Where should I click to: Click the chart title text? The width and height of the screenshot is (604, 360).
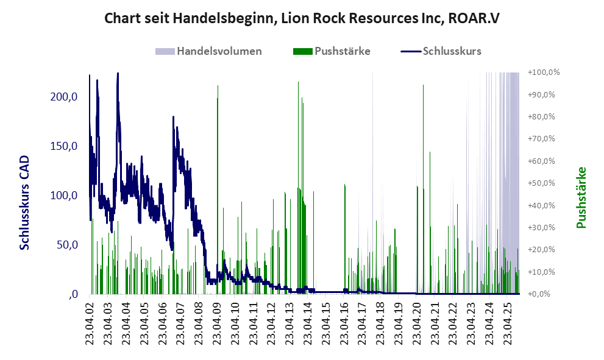click(302, 18)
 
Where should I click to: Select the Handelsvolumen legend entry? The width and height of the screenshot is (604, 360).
click(219, 51)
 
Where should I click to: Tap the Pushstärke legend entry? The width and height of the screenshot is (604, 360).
click(342, 51)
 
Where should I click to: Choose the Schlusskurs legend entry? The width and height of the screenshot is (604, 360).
click(452, 51)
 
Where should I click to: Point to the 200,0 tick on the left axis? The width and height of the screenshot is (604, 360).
click(64, 97)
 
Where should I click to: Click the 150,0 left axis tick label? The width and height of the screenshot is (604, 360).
click(64, 146)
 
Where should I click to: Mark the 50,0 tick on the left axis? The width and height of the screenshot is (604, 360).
click(66, 245)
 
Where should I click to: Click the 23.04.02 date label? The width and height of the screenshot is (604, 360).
click(90, 323)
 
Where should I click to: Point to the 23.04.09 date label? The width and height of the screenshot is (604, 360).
click(217, 323)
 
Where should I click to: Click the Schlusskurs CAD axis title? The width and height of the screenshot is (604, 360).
click(25, 202)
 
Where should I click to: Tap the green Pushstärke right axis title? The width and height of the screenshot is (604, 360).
click(581, 198)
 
